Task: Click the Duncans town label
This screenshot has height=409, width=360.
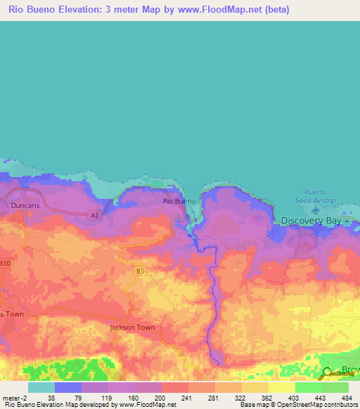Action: point(26,205)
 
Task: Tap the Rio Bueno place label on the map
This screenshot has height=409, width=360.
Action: point(179,201)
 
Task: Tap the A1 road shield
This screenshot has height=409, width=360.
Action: point(94,214)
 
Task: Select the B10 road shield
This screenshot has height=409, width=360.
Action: point(5,264)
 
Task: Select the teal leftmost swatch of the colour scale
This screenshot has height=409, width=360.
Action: point(41,387)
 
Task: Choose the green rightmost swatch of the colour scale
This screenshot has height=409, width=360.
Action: point(335,387)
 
